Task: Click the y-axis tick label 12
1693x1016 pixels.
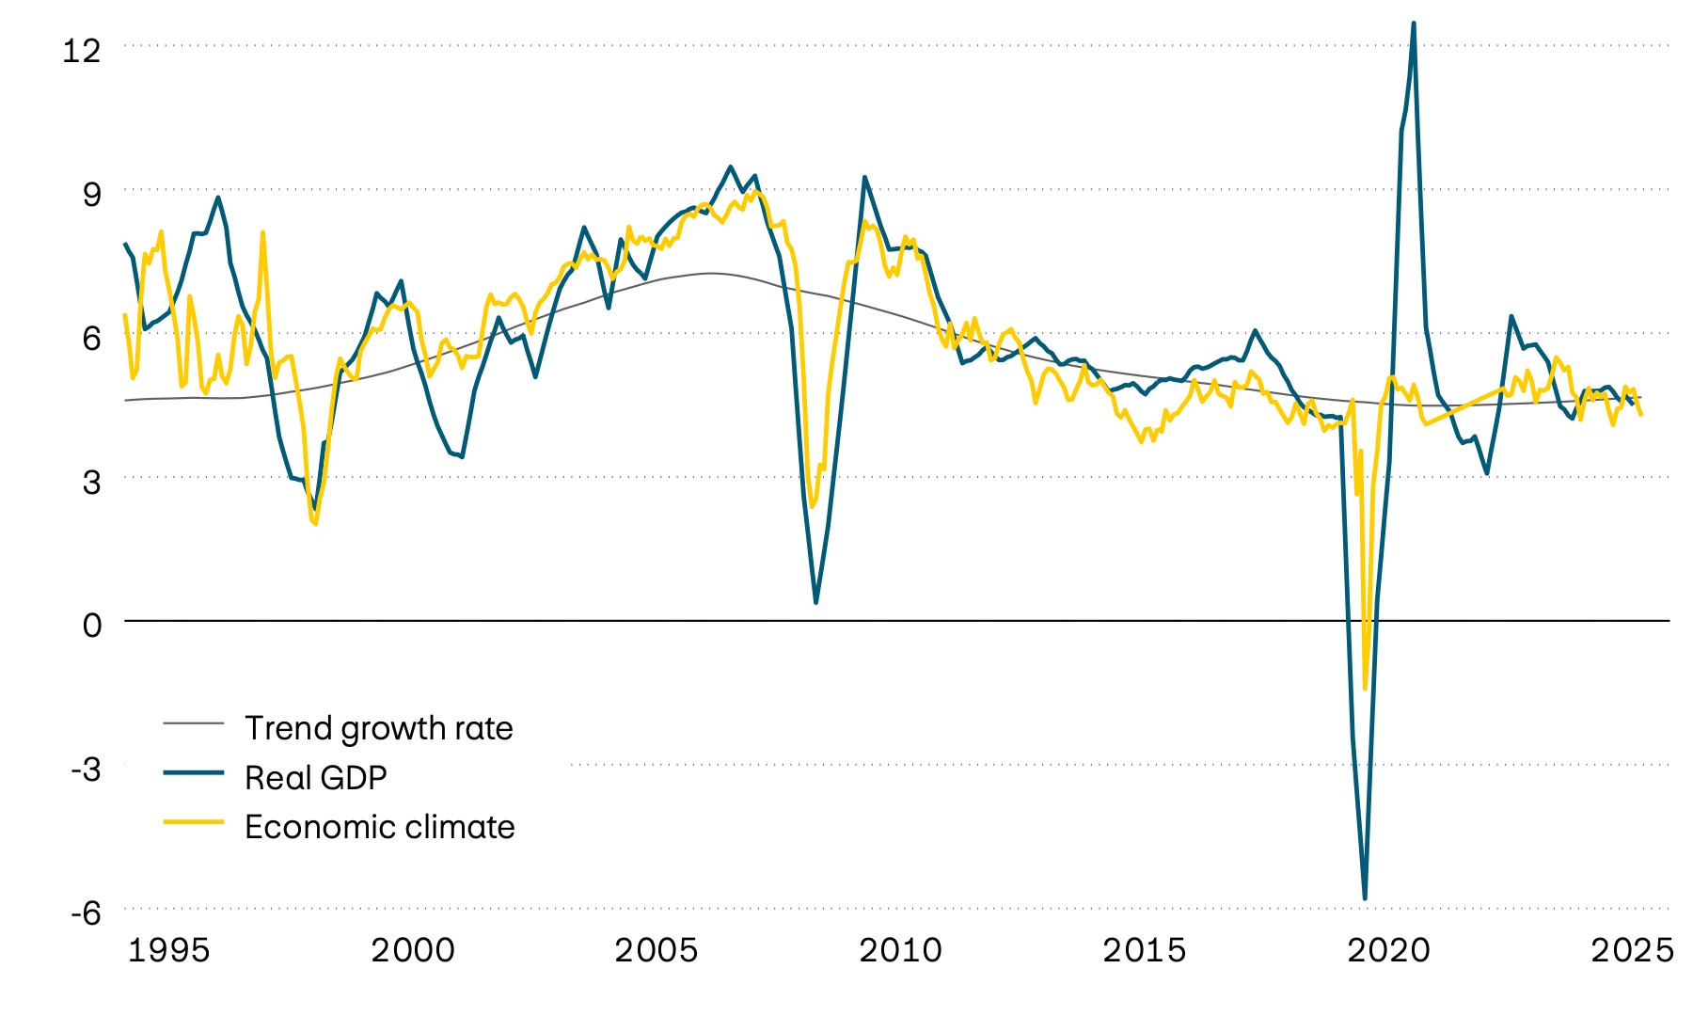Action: pos(81,50)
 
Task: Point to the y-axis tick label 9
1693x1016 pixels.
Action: pos(91,195)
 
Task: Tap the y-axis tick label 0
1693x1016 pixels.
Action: pos(91,625)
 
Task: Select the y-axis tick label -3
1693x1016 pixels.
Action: pos(86,769)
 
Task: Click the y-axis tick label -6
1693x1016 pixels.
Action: pos(86,913)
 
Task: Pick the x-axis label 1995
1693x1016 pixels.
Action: pos(168,950)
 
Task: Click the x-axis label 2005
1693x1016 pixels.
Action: pos(657,950)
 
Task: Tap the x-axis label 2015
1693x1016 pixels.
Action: pos(1144,950)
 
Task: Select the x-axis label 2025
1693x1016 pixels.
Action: pos(1632,950)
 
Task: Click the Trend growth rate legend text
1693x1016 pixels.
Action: pos(378,728)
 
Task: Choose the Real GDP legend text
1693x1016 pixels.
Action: pos(315,777)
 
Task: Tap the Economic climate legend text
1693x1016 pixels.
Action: pos(379,827)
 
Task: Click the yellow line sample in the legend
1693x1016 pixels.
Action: pos(194,821)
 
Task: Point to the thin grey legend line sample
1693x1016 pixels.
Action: pos(194,722)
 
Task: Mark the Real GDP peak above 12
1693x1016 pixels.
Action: pos(1414,24)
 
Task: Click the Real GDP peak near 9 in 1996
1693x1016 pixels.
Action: pos(218,198)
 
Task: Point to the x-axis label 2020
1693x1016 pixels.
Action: pos(1388,950)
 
